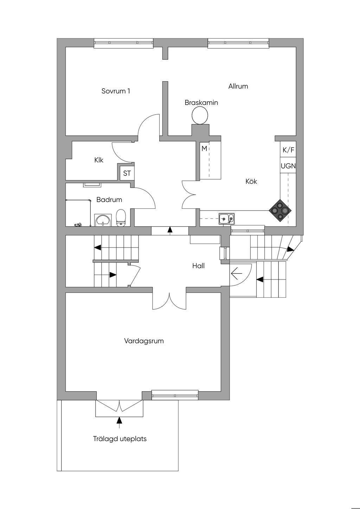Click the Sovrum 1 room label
tap(116, 91)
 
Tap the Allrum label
tap(238, 86)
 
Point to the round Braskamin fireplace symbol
tap(200, 115)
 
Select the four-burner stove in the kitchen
tap(280, 211)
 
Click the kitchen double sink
tap(227, 219)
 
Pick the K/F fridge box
tap(288, 150)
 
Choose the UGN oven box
tap(288, 166)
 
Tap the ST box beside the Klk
tap(127, 173)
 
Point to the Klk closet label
tap(99, 160)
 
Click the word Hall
tap(198, 266)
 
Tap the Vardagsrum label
tap(144, 341)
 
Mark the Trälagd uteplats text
tap(120, 439)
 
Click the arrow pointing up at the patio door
tap(119, 420)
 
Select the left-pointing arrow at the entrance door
tap(236, 272)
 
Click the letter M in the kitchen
tap(204, 148)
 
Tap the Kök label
tap(251, 181)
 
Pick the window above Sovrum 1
tap(124, 43)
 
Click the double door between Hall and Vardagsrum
tap(169, 301)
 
